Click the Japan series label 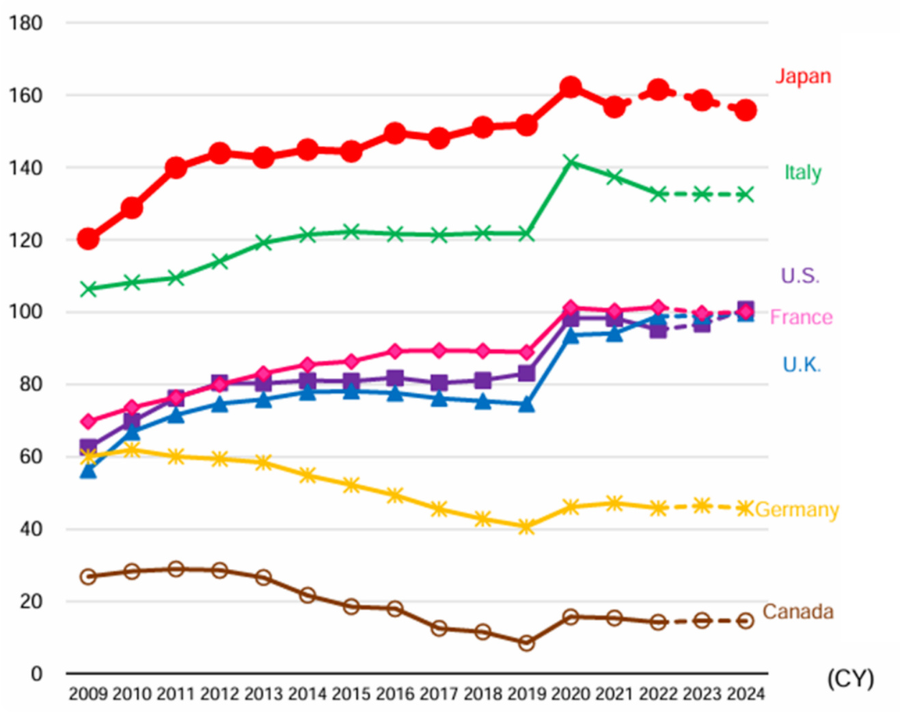(803, 76)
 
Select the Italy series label (802, 173)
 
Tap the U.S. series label (800, 276)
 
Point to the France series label (801, 317)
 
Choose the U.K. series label (801, 365)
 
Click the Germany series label (797, 510)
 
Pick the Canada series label (797, 611)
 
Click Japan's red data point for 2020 (571, 87)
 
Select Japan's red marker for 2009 (88, 239)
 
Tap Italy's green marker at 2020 (571, 162)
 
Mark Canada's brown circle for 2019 (526, 643)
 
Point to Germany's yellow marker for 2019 (526, 527)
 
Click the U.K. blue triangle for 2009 (88, 470)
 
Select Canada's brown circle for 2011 (176, 569)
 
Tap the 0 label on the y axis (36, 674)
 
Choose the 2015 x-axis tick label (351, 695)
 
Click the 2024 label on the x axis (746, 695)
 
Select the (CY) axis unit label (850, 679)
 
